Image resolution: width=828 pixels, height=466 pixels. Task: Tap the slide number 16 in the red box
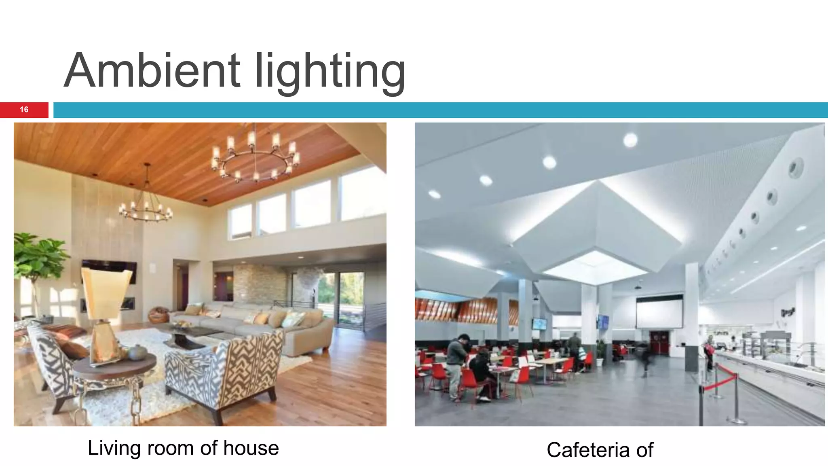24,110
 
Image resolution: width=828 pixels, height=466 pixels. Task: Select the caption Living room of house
183,448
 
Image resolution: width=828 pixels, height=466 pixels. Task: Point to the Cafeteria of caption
600,450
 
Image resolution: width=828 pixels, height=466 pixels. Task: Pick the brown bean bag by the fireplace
158,315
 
